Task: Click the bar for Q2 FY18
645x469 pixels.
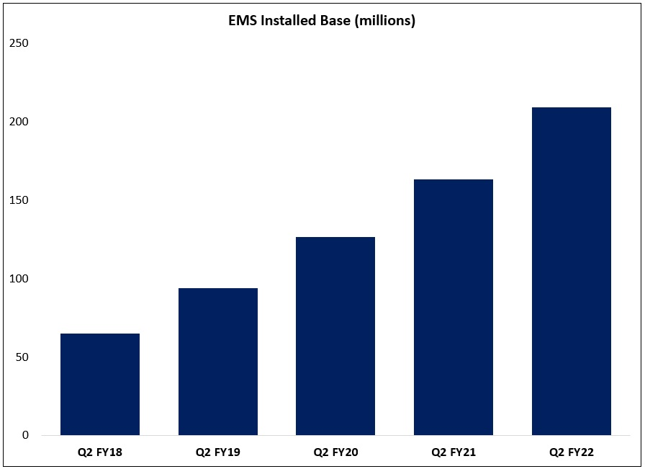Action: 100,384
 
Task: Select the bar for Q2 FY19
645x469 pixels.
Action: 218,362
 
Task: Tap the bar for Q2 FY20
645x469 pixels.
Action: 335,336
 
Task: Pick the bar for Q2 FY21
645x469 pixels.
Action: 454,307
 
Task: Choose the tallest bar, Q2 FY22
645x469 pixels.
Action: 572,271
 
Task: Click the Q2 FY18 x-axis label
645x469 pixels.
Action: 100,453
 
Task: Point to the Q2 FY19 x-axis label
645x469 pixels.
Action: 218,453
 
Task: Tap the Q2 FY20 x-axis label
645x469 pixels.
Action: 335,453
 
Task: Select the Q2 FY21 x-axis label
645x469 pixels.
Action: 454,453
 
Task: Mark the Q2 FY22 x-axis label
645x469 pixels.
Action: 572,453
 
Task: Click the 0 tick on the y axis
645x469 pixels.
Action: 24,435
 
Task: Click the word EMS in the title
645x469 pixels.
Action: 241,21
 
